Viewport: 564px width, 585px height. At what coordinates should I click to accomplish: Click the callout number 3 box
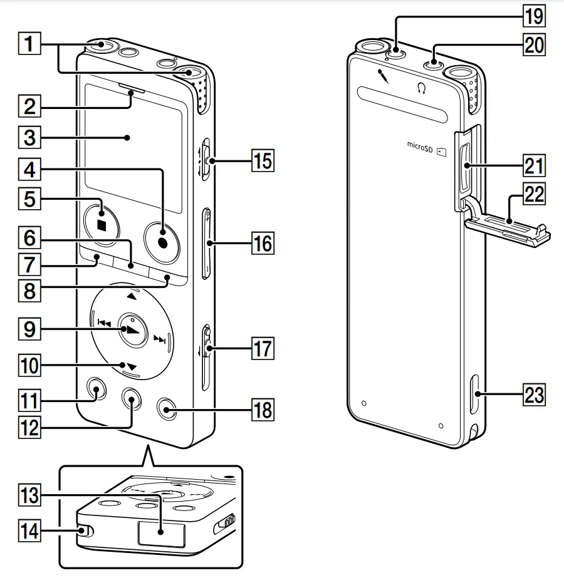point(29,136)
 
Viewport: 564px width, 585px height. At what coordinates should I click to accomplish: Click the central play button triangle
point(130,330)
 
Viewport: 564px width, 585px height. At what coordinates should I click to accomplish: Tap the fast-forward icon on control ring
point(160,340)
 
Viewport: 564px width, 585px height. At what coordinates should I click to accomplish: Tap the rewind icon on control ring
point(104,324)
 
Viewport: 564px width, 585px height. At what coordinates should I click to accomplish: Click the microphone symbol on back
point(382,76)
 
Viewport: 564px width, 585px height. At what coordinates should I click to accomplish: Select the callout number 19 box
point(534,16)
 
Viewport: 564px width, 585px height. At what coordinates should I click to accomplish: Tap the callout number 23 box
point(534,395)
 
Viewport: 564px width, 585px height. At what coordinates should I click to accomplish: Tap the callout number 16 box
point(263,242)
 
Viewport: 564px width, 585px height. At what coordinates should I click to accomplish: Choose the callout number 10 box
point(29,365)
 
